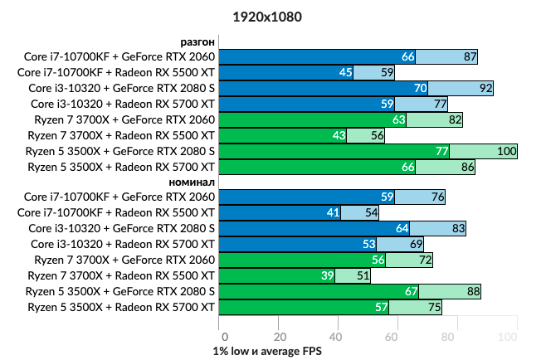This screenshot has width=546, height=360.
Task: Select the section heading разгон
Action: [x=197, y=41]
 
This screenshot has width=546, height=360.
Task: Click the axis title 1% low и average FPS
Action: [x=267, y=351]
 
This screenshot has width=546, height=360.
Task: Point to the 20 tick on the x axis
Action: [x=280, y=337]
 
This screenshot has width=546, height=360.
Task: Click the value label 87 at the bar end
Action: [x=470, y=56]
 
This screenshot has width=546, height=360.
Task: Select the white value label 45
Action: [x=346, y=72]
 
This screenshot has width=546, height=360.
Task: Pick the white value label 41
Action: [x=334, y=212]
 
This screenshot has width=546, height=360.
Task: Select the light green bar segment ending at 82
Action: [x=433, y=119]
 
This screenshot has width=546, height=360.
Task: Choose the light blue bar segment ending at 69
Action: [x=400, y=244]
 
